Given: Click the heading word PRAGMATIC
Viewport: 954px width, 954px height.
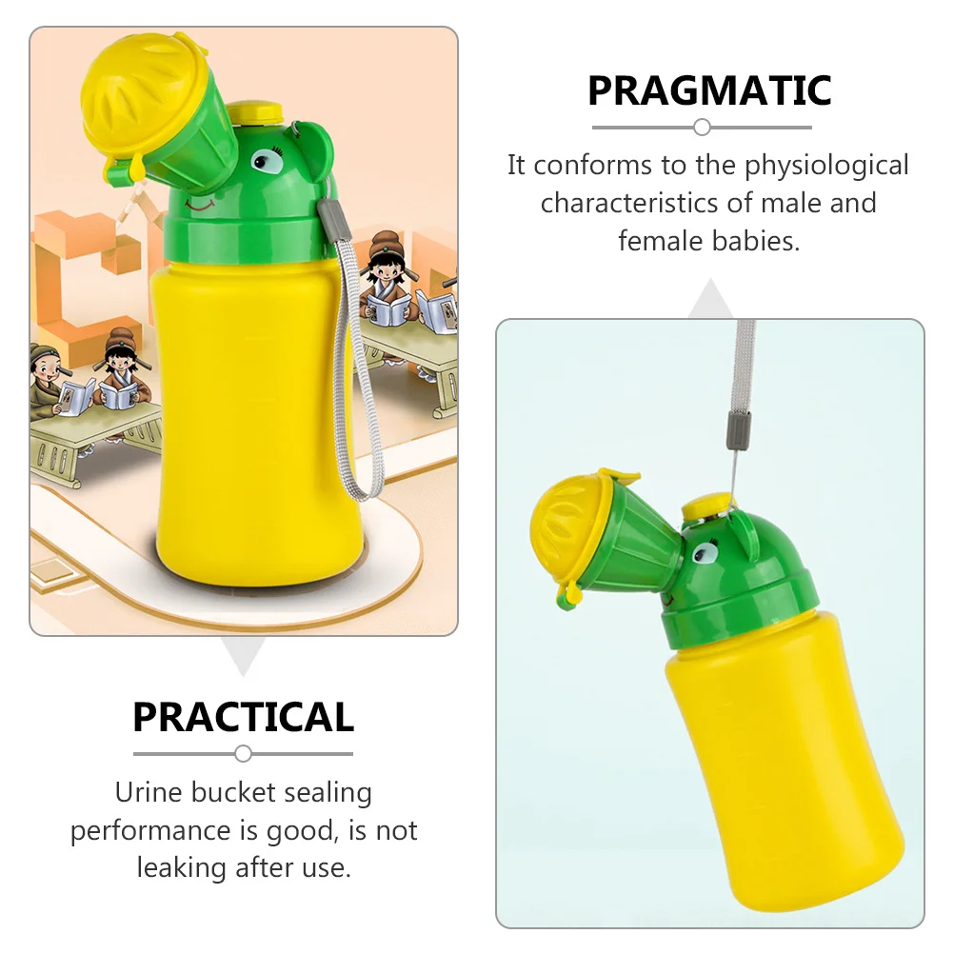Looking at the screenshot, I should tap(709, 91).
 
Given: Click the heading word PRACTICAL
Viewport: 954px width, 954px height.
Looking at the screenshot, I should tap(243, 717).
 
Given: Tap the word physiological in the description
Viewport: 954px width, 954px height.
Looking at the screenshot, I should tap(826, 166).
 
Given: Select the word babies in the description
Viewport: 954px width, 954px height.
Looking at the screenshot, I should tap(756, 241).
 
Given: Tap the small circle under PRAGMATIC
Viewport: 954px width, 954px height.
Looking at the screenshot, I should tap(702, 127).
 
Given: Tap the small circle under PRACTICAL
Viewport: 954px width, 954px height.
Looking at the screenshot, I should tap(243, 753).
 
